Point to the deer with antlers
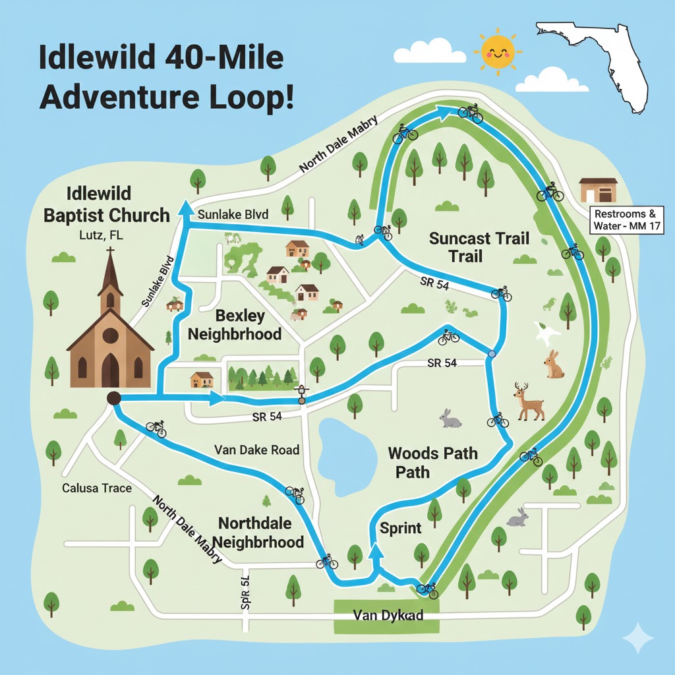click(530, 401)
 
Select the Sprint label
click(401, 529)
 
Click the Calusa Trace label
click(97, 488)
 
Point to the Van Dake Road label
click(257, 450)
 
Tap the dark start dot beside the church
click(113, 397)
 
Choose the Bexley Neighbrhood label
click(235, 324)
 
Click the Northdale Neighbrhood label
click(261, 533)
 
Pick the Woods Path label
click(432, 462)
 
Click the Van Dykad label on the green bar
click(388, 615)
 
